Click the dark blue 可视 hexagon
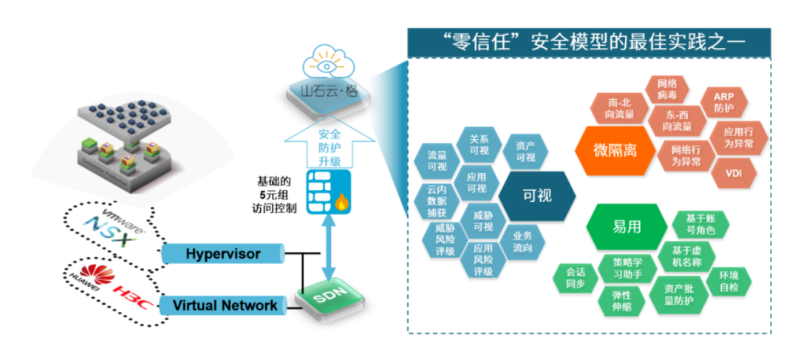click(537, 196)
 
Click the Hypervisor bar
click(222, 254)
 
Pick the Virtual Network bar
click(222, 305)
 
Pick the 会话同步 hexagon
click(573, 278)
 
